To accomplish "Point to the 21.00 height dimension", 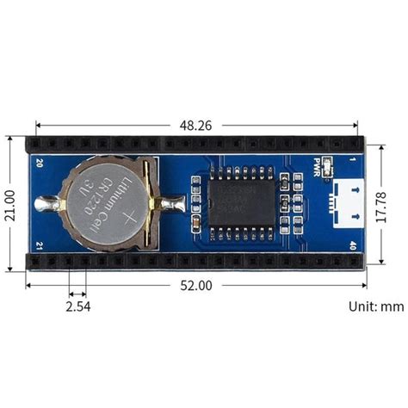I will (10, 204).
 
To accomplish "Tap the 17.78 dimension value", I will (393, 204).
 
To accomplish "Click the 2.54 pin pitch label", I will (77, 305).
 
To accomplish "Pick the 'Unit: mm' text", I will (375, 306).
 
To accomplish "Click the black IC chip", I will (243, 204).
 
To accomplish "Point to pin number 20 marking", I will (38, 162).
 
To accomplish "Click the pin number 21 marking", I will (38, 246).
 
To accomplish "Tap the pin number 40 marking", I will (353, 246).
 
